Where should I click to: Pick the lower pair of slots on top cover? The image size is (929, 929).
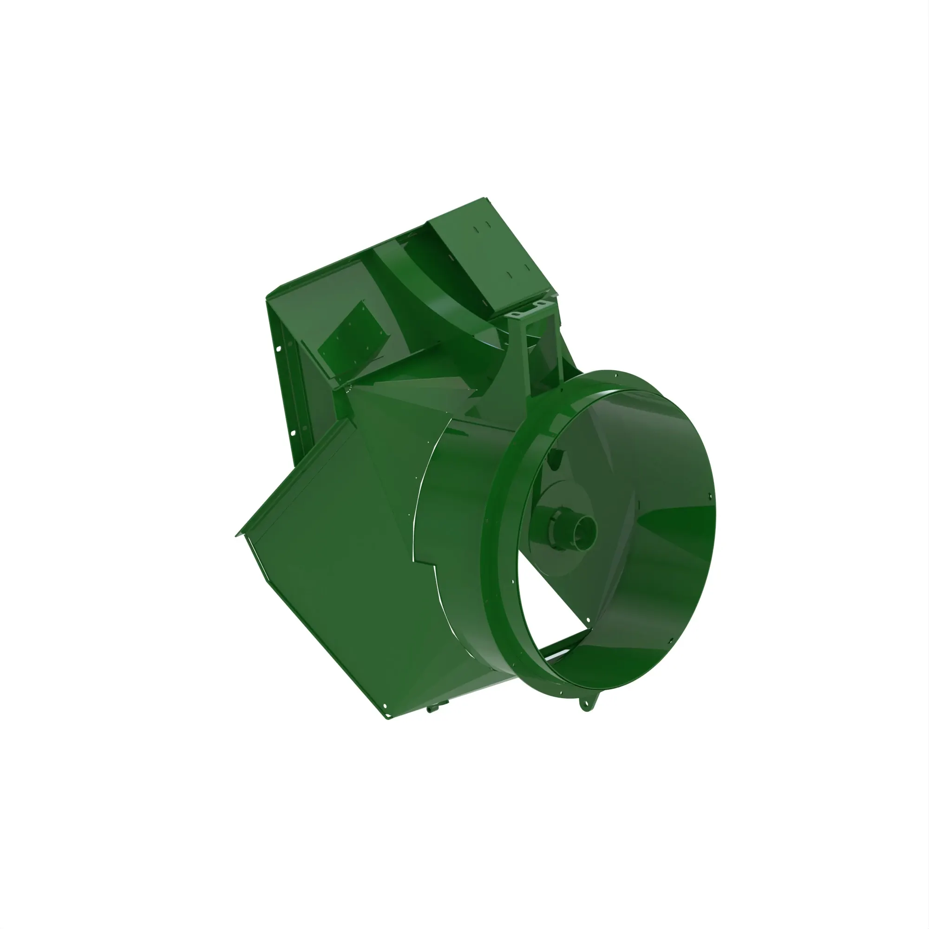click(x=517, y=270)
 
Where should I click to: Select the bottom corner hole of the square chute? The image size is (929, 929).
click(x=385, y=706)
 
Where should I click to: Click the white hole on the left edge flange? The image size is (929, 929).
click(x=280, y=345)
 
